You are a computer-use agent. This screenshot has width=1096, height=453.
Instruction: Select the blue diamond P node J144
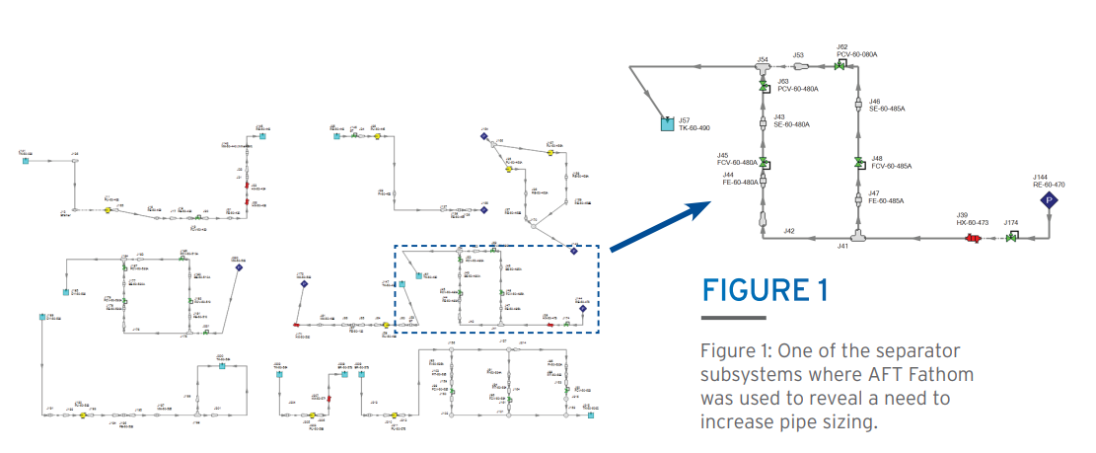pyautogui.click(x=1050, y=200)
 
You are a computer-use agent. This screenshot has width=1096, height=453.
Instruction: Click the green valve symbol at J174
pyautogui.click(x=1011, y=238)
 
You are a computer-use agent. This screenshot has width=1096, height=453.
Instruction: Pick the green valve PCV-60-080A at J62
pyautogui.click(x=840, y=65)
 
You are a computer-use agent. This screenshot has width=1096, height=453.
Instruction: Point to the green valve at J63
pyautogui.click(x=763, y=88)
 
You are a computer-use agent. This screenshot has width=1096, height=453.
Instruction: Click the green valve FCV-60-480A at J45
pyautogui.click(x=763, y=162)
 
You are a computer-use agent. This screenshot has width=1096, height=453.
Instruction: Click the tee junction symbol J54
pyautogui.click(x=763, y=66)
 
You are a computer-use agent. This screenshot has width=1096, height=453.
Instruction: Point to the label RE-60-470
pyautogui.click(x=1050, y=185)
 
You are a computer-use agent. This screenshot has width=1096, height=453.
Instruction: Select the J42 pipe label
pyautogui.click(x=789, y=231)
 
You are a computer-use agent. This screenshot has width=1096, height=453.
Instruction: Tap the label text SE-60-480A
pyautogui.click(x=791, y=124)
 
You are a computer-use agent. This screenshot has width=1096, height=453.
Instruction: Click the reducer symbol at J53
pyautogui.click(x=802, y=66)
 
